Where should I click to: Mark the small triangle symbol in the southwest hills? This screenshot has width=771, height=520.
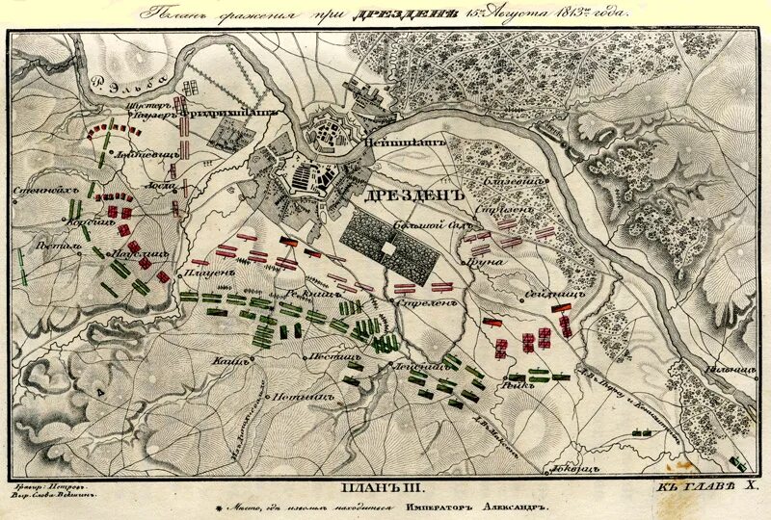tap(100, 393)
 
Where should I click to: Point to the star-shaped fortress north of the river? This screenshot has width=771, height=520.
tap(326, 135)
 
